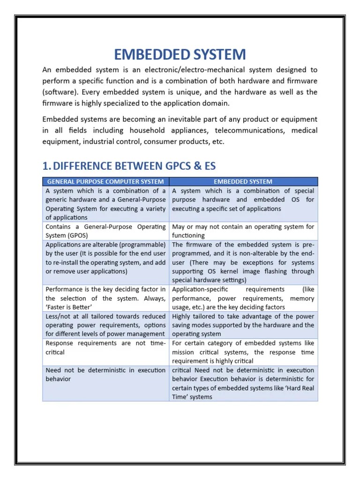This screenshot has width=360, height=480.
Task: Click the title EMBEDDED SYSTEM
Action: tap(180, 54)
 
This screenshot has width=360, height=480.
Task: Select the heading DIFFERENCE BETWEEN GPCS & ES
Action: tap(135, 166)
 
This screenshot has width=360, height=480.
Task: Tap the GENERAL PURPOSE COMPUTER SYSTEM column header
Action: tap(105, 181)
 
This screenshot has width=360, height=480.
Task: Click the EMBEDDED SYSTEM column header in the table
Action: tap(243, 181)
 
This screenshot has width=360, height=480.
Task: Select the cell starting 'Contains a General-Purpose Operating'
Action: tap(105, 231)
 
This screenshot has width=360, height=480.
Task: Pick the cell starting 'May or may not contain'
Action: tap(243, 231)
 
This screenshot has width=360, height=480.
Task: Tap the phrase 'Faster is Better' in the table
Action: tap(67, 307)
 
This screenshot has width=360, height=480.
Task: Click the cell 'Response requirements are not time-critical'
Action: tap(105, 347)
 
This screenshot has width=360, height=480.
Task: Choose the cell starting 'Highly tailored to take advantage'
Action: tap(243, 325)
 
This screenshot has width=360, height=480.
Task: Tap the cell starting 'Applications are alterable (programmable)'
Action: tap(105, 258)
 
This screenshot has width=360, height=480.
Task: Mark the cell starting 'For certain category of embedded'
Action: tap(243, 352)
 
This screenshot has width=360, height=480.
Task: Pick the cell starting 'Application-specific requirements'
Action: tap(243, 298)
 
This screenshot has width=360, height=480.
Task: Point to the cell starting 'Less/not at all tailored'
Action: tap(105, 325)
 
